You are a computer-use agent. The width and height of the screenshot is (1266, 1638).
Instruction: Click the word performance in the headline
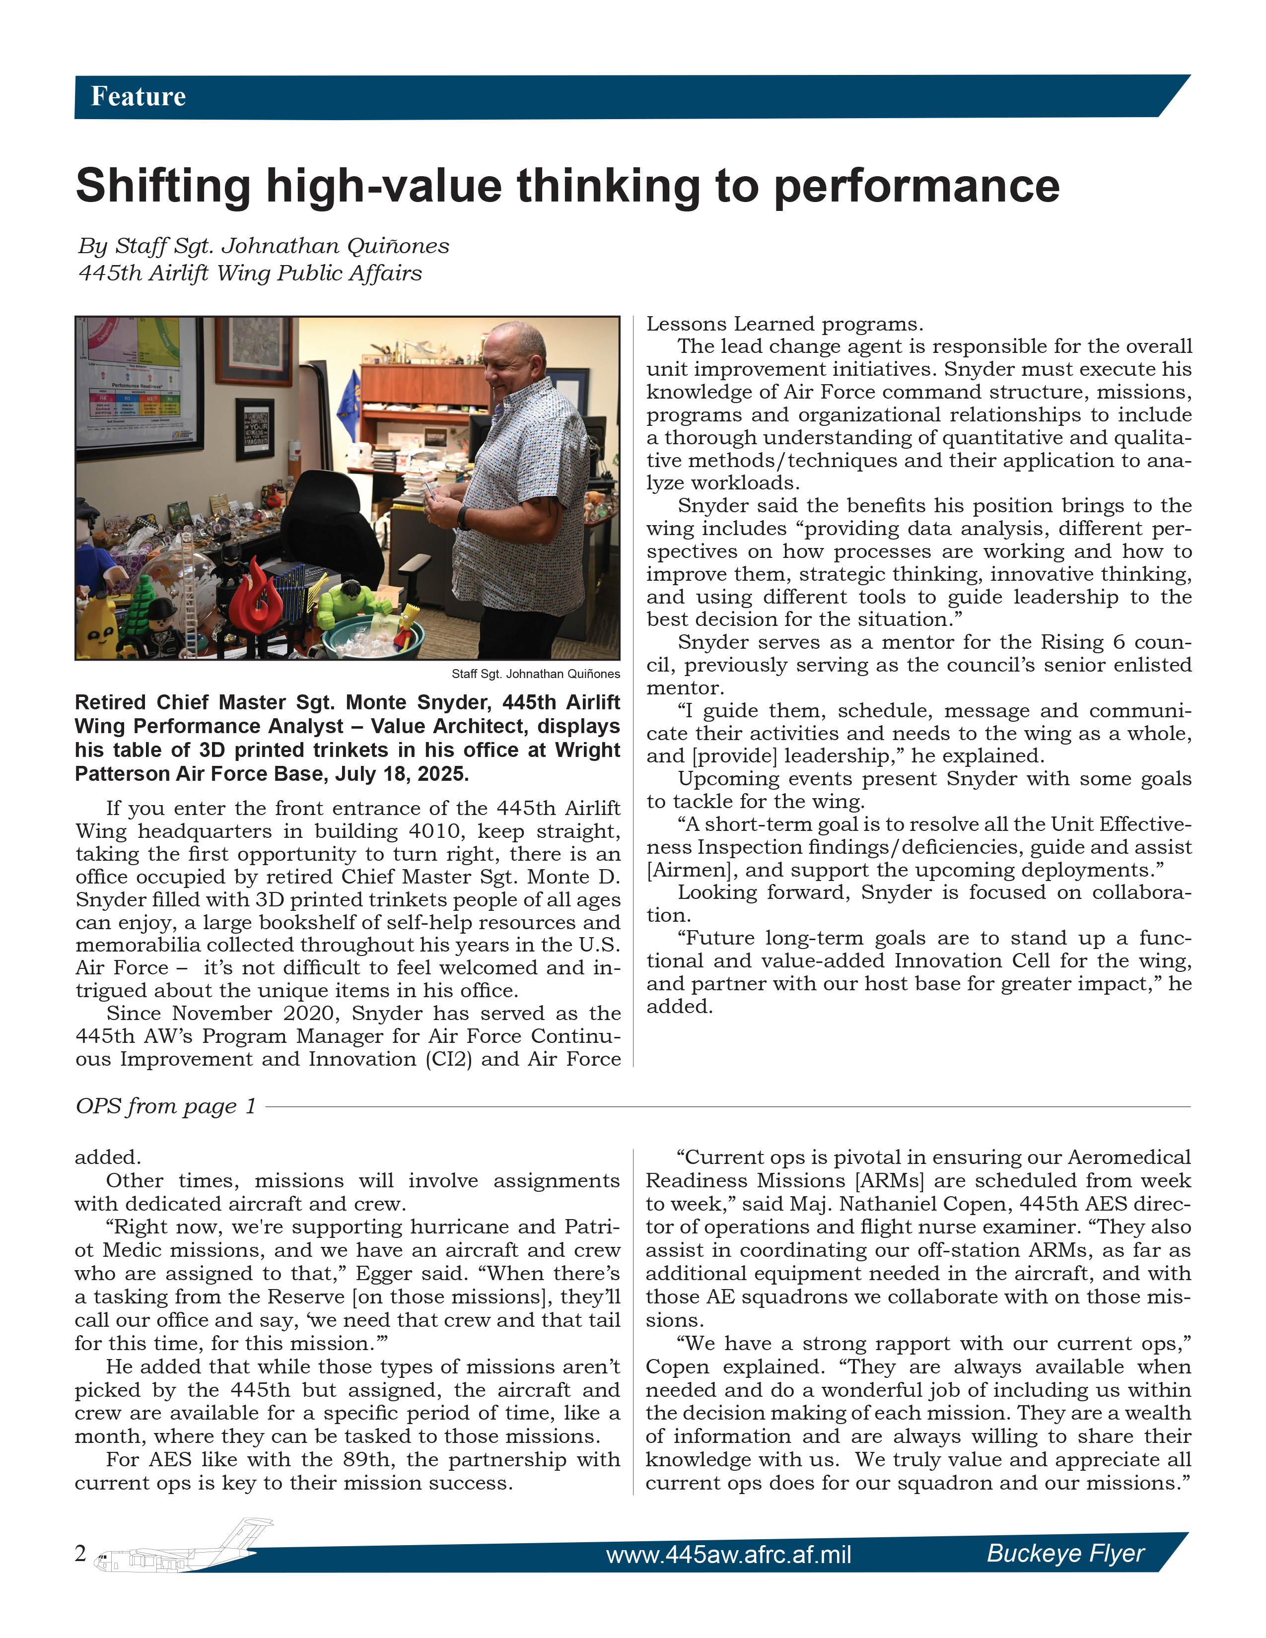point(916,186)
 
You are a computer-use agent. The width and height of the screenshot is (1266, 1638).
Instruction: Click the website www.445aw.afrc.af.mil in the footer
point(728,1554)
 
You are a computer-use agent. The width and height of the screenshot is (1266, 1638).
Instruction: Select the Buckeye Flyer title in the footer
point(1065,1553)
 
